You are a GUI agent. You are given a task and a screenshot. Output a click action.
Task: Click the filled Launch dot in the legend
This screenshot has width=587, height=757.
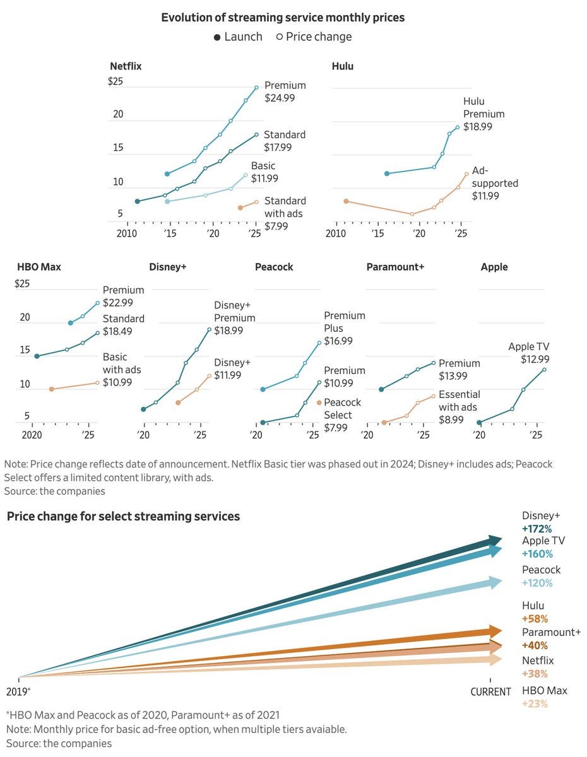pyautogui.click(x=217, y=37)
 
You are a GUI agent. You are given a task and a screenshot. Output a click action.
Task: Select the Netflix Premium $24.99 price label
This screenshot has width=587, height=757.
pyautogui.click(x=285, y=91)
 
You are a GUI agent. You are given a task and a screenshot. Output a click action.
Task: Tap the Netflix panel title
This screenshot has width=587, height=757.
pyautogui.click(x=126, y=66)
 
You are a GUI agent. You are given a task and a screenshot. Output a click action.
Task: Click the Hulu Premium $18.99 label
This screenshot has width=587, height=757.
pyautogui.click(x=483, y=114)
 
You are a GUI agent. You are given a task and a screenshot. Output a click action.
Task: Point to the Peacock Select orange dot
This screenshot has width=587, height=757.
pyautogui.click(x=319, y=402)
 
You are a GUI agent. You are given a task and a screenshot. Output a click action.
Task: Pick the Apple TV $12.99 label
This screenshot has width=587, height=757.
pyautogui.click(x=529, y=353)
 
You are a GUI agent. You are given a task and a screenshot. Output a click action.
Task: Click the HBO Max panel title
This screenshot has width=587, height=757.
pyautogui.click(x=39, y=267)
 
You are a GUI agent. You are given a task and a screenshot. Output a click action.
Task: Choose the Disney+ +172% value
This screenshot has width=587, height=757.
pyautogui.click(x=537, y=529)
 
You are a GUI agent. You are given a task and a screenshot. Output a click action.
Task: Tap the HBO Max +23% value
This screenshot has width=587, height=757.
pyautogui.click(x=535, y=703)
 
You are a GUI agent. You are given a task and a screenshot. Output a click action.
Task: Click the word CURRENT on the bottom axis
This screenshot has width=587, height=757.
pyautogui.click(x=490, y=691)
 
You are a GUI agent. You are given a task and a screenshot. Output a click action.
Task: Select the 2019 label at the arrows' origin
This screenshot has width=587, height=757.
pyautogui.click(x=18, y=691)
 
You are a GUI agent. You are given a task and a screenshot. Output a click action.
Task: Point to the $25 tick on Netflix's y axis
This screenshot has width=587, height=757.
pyautogui.click(x=115, y=81)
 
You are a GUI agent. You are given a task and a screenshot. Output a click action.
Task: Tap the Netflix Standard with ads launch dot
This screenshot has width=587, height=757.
pyautogui.click(x=240, y=208)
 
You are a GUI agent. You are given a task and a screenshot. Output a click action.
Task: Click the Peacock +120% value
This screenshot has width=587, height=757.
pyautogui.click(x=537, y=583)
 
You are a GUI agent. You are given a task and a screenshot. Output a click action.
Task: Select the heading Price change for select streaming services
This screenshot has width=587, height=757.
pyautogui.click(x=123, y=516)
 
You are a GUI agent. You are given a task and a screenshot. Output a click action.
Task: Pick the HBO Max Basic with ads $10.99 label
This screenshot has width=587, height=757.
pyautogui.click(x=122, y=369)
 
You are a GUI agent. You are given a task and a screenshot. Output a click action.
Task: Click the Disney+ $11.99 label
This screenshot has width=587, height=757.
pyautogui.click(x=232, y=368)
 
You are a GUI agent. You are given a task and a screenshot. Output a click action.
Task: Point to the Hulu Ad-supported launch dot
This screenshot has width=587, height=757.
pyautogui.click(x=346, y=201)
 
